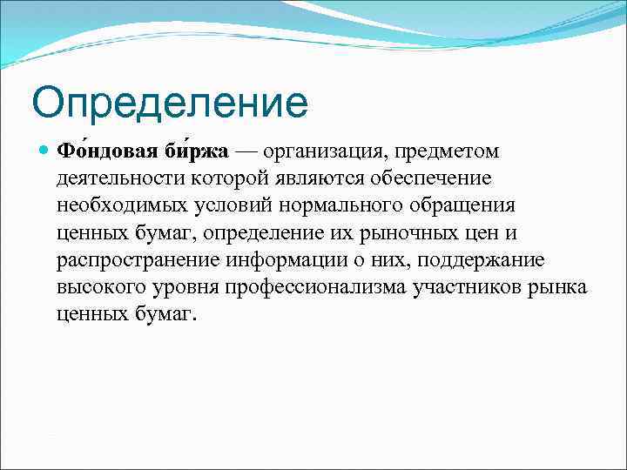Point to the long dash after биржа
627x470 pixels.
(246, 152)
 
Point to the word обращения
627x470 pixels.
(455, 206)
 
